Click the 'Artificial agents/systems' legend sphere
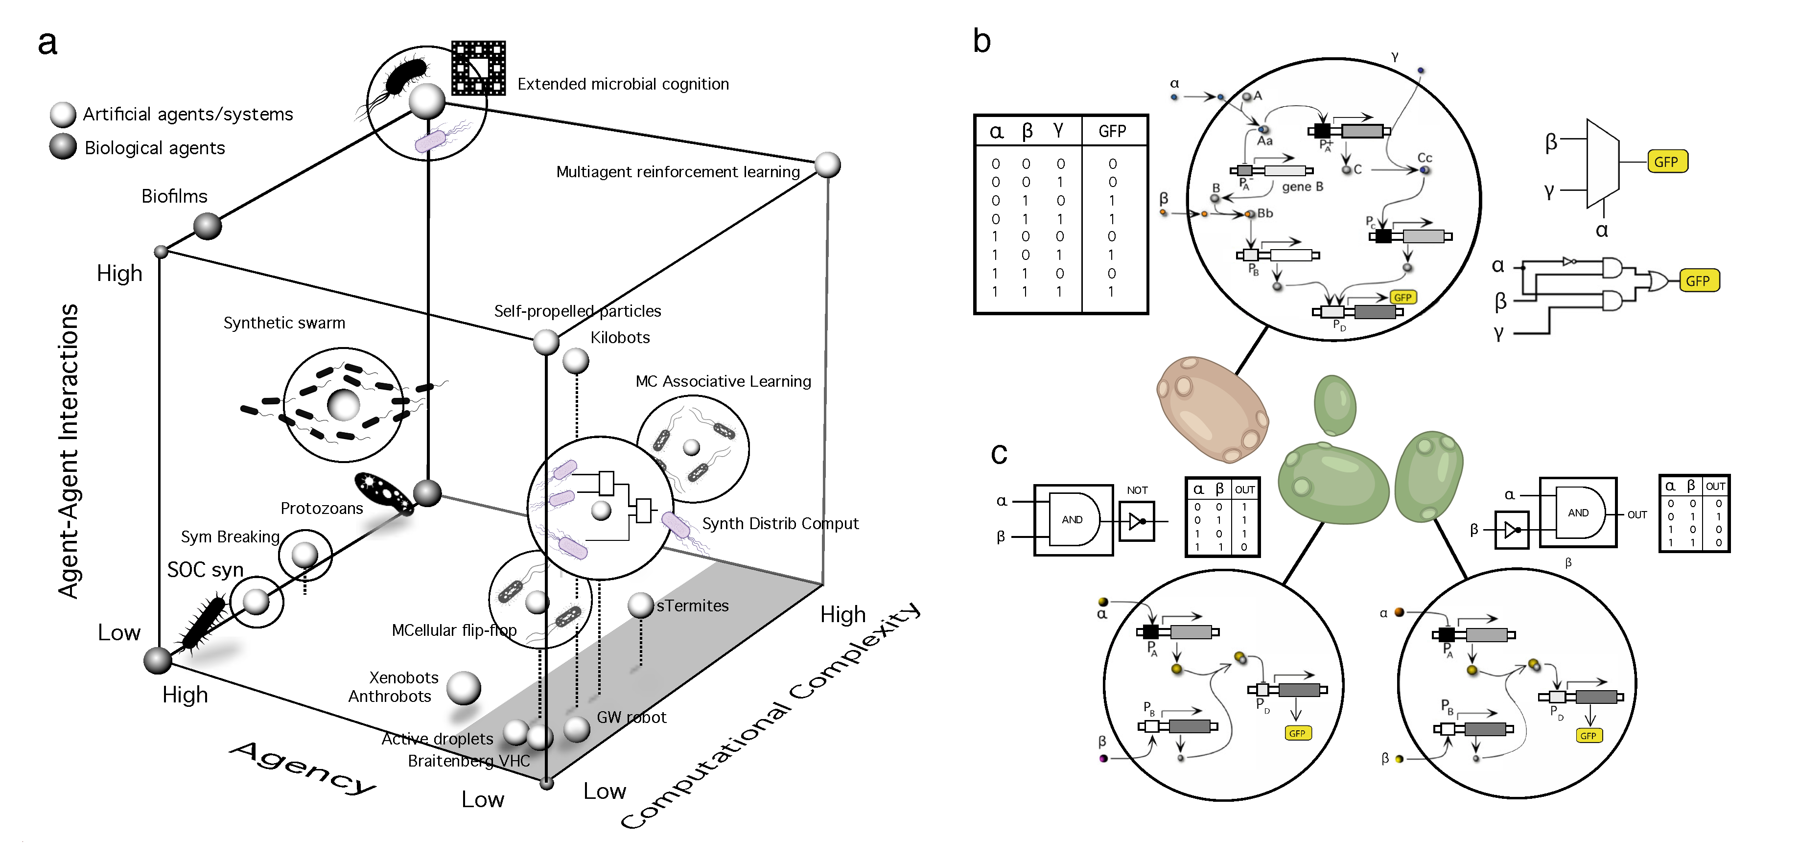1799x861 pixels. click(63, 114)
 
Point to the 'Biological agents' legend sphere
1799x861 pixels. click(63, 147)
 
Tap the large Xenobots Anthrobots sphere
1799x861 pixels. click(463, 688)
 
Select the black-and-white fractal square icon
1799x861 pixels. click(478, 68)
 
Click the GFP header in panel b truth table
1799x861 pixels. click(1112, 131)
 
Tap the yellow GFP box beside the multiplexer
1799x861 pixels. click(1666, 162)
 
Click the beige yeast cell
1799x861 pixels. click(1213, 409)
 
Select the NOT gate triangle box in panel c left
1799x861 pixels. click(1136, 521)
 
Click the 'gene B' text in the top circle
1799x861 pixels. click(1302, 186)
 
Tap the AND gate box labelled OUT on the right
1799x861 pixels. click(1578, 512)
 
